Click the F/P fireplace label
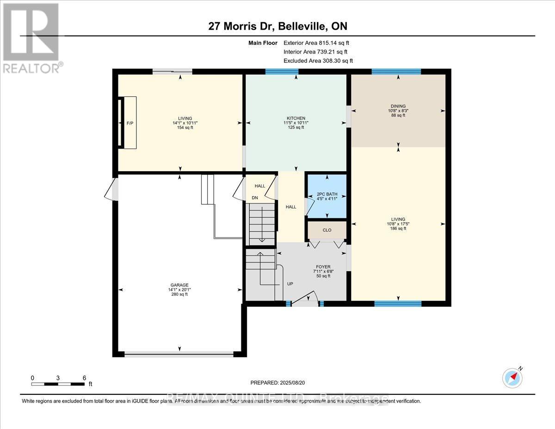[129, 123]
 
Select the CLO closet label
[327, 230]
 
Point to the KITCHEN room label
[296, 118]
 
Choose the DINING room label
[398, 106]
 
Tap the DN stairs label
[254, 198]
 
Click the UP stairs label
[290, 284]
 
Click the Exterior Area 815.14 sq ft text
[320, 43]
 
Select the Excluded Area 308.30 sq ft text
[318, 61]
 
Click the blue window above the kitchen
[282, 72]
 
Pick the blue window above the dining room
[396, 72]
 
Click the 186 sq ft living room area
[398, 228]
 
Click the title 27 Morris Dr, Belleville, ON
[277, 26]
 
